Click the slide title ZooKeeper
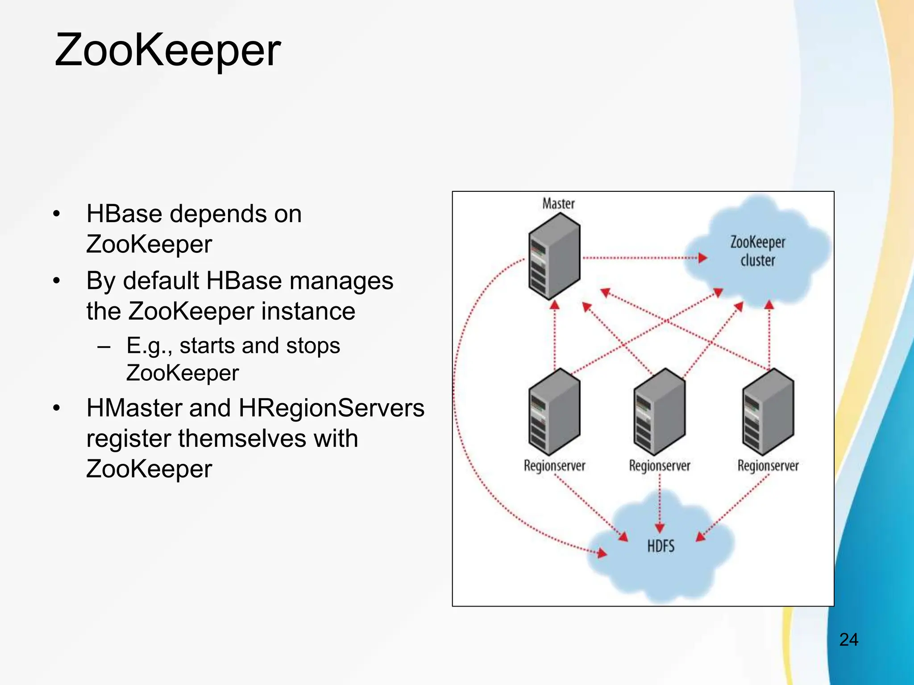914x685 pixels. pos(167,50)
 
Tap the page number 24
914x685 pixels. pos(848,640)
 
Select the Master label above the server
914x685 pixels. pos(558,204)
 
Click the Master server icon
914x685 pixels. pos(554,256)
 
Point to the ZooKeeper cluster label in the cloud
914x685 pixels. pos(757,251)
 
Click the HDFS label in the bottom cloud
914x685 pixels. pos(661,546)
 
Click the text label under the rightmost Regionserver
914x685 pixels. pos(768,466)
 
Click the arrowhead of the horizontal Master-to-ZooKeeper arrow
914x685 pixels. pos(702,257)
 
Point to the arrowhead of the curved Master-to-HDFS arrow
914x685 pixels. pos(602,553)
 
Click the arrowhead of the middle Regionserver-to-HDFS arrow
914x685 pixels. pos(660,528)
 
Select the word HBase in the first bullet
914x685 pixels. pos(125,214)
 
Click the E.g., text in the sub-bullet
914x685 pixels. pos(149,346)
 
